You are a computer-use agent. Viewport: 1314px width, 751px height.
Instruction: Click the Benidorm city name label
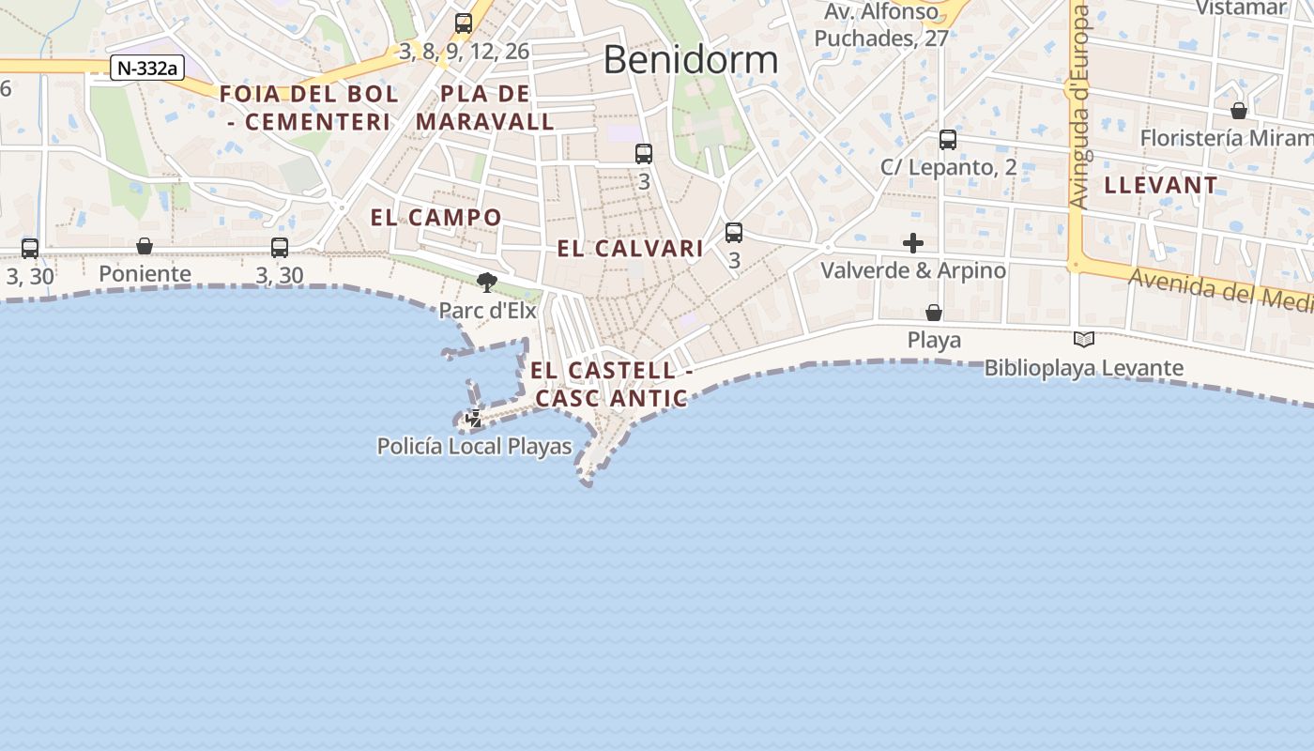click(690, 60)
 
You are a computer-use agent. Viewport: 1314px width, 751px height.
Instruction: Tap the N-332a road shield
click(146, 68)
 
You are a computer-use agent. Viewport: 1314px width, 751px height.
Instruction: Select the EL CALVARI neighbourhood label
click(630, 249)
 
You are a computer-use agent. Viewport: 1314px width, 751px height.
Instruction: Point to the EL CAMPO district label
click(436, 218)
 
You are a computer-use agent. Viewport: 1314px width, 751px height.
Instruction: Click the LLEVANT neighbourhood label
click(1161, 185)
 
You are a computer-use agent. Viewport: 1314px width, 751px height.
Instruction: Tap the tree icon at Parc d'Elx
click(487, 282)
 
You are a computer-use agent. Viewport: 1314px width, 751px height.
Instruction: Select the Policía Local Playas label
click(474, 447)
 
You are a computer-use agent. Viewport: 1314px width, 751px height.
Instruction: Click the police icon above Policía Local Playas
click(474, 419)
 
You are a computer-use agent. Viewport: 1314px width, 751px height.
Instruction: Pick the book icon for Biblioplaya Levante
click(1084, 340)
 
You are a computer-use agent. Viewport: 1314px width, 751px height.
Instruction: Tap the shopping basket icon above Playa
click(934, 313)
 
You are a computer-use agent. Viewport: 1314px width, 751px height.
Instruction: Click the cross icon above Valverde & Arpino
click(913, 244)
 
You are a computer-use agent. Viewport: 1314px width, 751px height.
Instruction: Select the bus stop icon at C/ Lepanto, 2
click(948, 140)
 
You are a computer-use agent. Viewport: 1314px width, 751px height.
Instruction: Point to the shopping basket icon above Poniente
click(145, 246)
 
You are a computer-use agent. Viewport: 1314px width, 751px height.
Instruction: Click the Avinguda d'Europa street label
click(1079, 108)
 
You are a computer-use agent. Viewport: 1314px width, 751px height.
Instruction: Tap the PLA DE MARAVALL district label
click(485, 108)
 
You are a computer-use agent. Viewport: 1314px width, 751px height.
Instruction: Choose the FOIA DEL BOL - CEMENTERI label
click(309, 108)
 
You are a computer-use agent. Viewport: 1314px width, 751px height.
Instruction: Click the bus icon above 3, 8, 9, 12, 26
click(464, 23)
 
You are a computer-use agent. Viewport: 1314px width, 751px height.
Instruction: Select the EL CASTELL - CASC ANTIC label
click(611, 384)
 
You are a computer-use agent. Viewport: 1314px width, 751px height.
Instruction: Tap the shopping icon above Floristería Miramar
click(1239, 111)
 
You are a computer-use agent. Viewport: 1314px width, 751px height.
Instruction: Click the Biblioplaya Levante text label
click(1083, 368)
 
